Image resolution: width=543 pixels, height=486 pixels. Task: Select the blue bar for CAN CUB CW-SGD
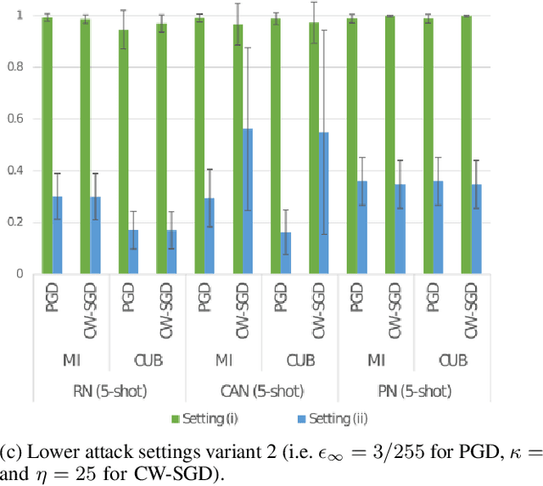[324, 204]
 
